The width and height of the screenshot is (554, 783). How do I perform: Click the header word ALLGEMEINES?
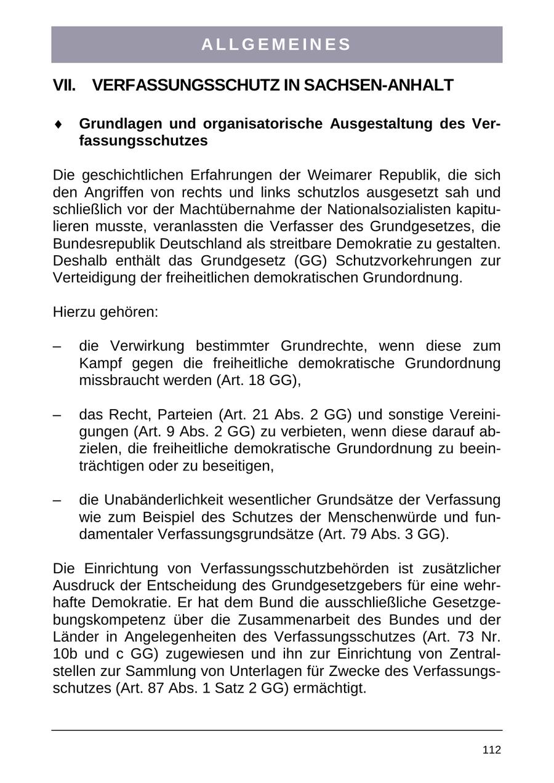pyautogui.click(x=276, y=45)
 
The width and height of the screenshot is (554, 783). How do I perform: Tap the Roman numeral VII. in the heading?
pyautogui.click(x=64, y=85)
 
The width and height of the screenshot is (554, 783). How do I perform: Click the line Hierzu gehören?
pyautogui.click(x=106, y=312)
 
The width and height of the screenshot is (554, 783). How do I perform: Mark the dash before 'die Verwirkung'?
pyautogui.click(x=57, y=346)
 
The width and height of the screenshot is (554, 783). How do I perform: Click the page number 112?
pyautogui.click(x=492, y=750)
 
